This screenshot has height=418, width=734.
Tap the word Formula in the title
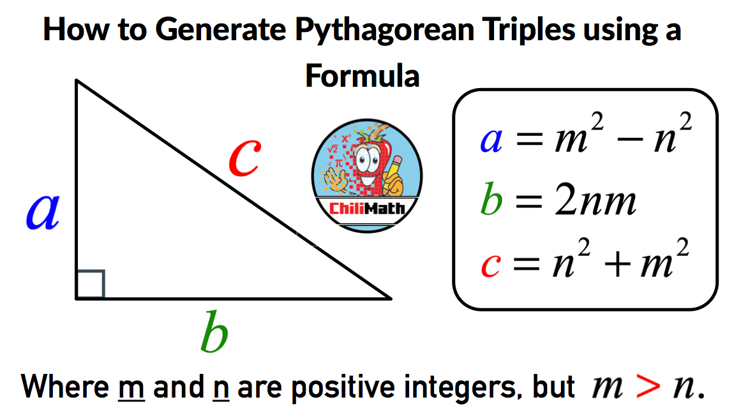click(x=362, y=75)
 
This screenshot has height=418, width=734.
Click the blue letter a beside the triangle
click(x=43, y=212)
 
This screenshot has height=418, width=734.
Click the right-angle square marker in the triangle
click(x=90, y=285)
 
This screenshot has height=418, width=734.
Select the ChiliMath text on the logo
click(x=366, y=208)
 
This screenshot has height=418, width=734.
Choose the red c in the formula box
click(x=490, y=264)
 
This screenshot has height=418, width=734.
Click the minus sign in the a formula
click(x=634, y=141)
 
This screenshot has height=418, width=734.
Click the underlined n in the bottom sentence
click(x=217, y=387)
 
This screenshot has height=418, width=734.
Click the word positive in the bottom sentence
click(x=336, y=387)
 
